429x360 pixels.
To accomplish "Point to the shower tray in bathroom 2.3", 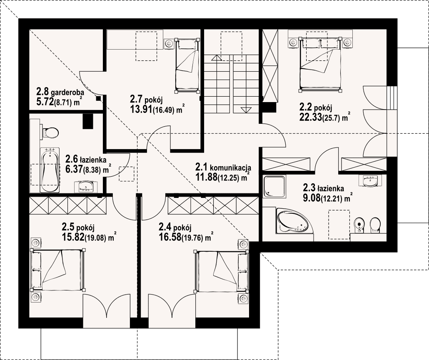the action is pyautogui.click(x=274, y=186).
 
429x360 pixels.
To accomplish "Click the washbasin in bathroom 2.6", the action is pyautogui.click(x=85, y=186).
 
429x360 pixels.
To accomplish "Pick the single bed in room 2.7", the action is pyautogui.click(x=187, y=65).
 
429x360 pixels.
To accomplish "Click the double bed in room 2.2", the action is pyautogui.click(x=320, y=63).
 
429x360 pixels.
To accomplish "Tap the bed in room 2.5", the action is pyautogui.click(x=58, y=270).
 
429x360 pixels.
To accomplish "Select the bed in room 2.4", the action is pyautogui.click(x=221, y=271).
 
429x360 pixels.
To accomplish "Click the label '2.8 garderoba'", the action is pyautogui.click(x=60, y=91).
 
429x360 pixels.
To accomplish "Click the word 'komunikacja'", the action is pyautogui.click(x=231, y=167).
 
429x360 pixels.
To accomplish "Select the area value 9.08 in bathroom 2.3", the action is pyautogui.click(x=312, y=197).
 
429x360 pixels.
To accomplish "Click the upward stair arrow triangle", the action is pyautogui.click(x=216, y=58).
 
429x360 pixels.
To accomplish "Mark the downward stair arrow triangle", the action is pyautogui.click(x=246, y=110).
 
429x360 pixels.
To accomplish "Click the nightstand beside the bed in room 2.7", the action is pyautogui.click(x=169, y=43).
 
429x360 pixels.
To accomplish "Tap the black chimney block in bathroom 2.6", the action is pyautogui.click(x=88, y=121).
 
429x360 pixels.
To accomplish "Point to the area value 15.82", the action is pyautogui.click(x=73, y=237).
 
